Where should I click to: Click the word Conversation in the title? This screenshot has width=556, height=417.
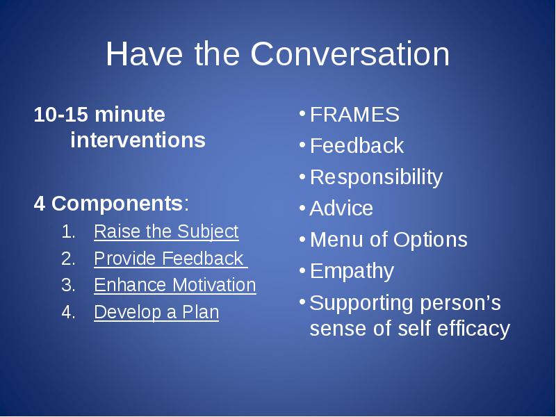[350, 54]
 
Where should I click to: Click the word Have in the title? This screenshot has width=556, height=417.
[145, 54]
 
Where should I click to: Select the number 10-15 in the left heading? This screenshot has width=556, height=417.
[60, 114]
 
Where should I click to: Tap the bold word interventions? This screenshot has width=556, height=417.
[138, 140]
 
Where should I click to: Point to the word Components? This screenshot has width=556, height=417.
[117, 204]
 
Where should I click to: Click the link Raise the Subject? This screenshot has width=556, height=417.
[166, 231]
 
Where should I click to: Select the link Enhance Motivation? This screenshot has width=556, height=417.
[175, 285]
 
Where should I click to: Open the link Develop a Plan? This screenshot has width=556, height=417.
[156, 312]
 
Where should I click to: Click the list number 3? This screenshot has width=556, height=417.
[68, 285]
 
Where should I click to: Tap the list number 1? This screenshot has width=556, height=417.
[68, 231]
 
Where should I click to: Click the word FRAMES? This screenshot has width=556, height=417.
[354, 115]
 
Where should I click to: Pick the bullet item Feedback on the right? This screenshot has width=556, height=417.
[357, 146]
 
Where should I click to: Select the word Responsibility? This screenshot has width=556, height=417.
[376, 177]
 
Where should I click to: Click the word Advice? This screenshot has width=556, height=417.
[341, 208]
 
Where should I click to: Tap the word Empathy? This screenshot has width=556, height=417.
[352, 272]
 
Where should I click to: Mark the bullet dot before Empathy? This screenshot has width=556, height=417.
[302, 271]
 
